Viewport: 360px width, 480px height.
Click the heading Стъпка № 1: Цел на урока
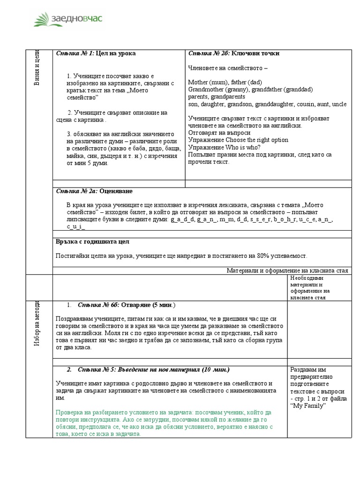(x=96, y=53)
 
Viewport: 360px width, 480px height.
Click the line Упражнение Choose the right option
(x=238, y=140)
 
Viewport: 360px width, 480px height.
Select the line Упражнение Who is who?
(x=224, y=147)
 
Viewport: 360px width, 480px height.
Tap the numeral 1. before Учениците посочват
(x=69, y=76)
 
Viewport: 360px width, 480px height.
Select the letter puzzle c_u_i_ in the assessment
(x=76, y=226)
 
